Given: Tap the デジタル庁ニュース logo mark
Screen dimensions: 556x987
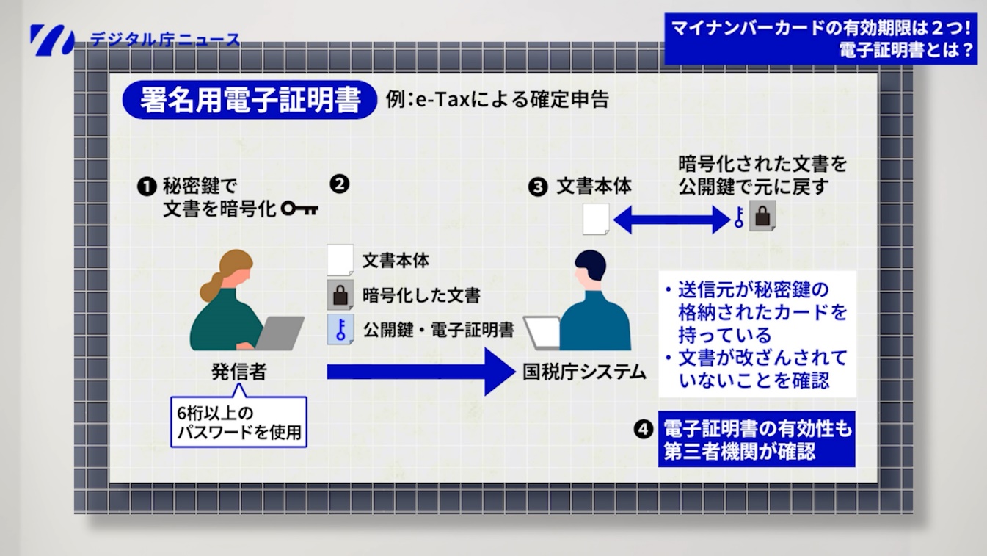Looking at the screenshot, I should [52, 40].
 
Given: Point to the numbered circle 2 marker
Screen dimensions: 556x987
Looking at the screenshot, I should [338, 184].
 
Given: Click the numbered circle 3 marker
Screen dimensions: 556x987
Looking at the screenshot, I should [538, 187].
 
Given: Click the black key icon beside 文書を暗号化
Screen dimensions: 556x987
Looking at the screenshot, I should [299, 209].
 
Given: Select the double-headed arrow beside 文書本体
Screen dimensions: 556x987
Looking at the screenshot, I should [671, 217].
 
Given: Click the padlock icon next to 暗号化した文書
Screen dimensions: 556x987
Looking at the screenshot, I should [339, 295].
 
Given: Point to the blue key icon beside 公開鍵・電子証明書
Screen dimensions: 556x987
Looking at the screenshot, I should [340, 330].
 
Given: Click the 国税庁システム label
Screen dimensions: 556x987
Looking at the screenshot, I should [584, 372].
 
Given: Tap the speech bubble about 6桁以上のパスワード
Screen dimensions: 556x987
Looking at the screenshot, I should [239, 422].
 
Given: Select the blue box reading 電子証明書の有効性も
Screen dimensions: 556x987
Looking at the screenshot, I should [757, 438].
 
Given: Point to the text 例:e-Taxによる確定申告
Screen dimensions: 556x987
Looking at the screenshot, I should [497, 100].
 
